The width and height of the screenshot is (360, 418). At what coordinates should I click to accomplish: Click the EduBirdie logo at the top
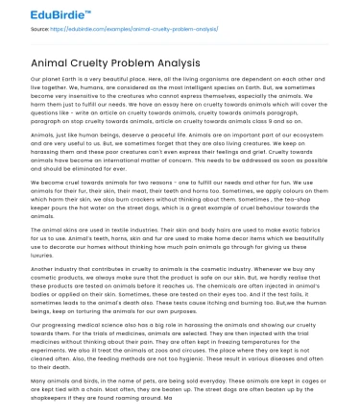38,12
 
